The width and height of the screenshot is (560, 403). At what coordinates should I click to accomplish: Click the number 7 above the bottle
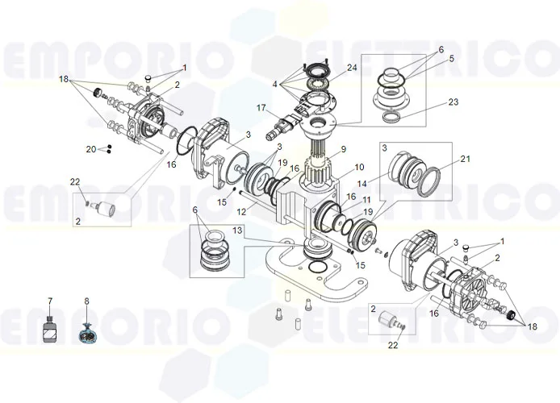pos(50,301)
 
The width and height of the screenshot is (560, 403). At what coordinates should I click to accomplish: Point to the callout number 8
pos(86,301)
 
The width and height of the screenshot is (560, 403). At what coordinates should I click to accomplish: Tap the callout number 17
pos(261,107)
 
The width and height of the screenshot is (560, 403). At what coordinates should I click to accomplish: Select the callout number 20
pos(91,149)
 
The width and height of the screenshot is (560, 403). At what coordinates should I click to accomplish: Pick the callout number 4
pos(275,84)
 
